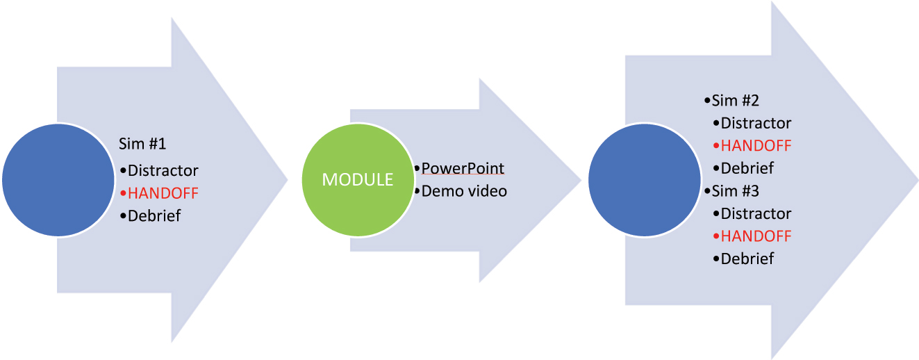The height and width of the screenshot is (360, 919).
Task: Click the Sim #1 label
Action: coord(142,145)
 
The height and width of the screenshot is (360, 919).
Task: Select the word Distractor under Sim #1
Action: coord(163,170)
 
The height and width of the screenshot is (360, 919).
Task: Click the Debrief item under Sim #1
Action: coord(154,215)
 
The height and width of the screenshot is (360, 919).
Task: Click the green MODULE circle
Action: coord(357,179)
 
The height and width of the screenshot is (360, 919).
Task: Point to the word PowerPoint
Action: coord(463,168)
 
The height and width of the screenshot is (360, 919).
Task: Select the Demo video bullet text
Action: coord(464,190)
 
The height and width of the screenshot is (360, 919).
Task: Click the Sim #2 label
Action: coord(735,100)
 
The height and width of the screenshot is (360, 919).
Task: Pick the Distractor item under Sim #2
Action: coord(756,123)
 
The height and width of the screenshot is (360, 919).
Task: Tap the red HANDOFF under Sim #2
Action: coord(756,145)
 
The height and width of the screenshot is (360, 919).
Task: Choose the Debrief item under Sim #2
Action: coord(747,168)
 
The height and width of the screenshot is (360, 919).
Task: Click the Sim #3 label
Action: coord(735,190)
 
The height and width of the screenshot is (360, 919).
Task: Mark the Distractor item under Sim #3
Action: coord(756,213)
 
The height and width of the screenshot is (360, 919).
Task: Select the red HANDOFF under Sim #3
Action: coord(756,236)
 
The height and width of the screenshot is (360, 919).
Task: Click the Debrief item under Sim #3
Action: coord(747,259)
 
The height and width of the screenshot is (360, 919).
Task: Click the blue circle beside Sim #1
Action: coord(59,180)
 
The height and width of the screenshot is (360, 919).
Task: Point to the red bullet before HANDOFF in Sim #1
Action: coord(123,193)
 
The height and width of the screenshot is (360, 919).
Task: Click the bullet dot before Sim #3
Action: coord(707,190)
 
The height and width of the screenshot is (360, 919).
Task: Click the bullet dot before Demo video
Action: coord(417,190)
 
